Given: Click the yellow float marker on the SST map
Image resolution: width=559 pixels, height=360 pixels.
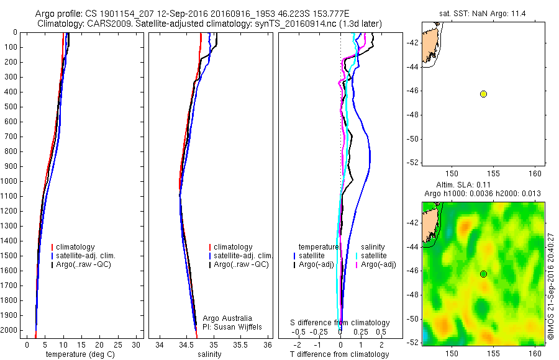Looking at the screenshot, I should [x=483, y=94].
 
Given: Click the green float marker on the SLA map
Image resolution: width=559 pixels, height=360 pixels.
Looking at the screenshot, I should [x=483, y=274].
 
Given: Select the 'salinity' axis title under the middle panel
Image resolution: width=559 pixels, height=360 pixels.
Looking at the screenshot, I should [x=208, y=354].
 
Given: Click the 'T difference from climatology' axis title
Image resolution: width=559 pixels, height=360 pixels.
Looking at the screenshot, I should [x=339, y=354].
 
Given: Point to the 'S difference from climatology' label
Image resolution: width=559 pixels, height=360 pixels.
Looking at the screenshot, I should [x=340, y=323].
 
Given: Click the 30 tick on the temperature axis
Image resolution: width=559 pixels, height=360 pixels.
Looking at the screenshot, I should [x=137, y=344].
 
